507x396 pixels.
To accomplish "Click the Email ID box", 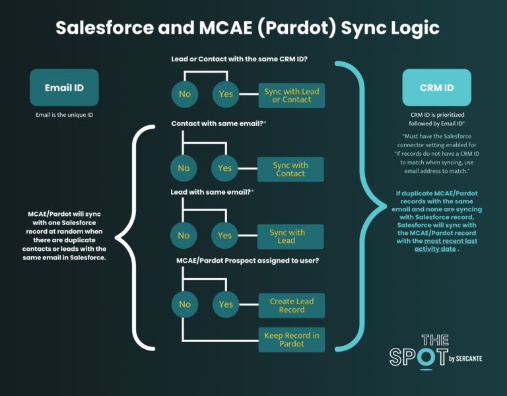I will pos(64,87).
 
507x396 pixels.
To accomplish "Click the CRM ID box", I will pos(437,87).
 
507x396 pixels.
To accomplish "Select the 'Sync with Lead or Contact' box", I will pos(291,95).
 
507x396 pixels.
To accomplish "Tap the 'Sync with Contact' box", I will pos(290,169).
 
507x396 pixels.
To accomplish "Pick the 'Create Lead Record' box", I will pos(291,305).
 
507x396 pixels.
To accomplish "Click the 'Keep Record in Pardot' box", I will pos(291,339).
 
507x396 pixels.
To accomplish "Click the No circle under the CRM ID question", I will pos(185,94).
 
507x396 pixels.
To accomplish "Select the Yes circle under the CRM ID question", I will pos(226,94).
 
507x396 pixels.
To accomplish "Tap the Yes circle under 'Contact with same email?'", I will pos(225,168).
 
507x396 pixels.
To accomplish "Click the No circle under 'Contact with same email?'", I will pos(184,168).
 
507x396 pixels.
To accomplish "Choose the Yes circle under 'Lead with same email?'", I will pos(225,236).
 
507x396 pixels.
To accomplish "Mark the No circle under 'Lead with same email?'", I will pos(184,236).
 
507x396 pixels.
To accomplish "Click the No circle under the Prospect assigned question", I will pos(185,305).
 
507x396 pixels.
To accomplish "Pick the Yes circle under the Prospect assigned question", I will pos(226,305).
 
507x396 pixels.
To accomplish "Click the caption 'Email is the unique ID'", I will pos(64,115).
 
